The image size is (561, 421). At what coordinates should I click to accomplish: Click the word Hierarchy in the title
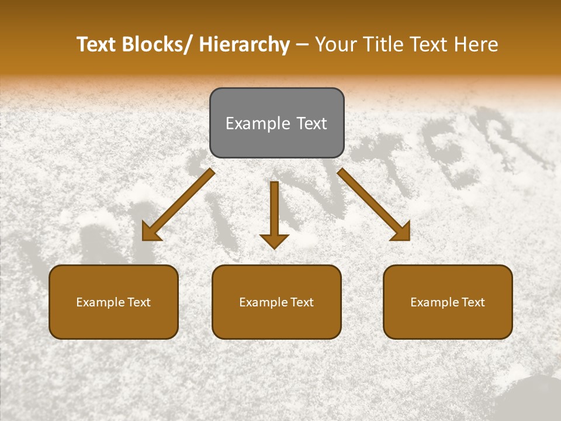click(x=244, y=44)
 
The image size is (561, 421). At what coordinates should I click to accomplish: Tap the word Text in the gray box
click(x=311, y=123)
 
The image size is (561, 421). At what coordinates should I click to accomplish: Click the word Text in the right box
click(x=473, y=302)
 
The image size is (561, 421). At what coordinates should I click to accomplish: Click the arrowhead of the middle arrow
click(x=274, y=240)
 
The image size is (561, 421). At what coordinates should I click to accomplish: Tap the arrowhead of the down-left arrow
click(x=150, y=232)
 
